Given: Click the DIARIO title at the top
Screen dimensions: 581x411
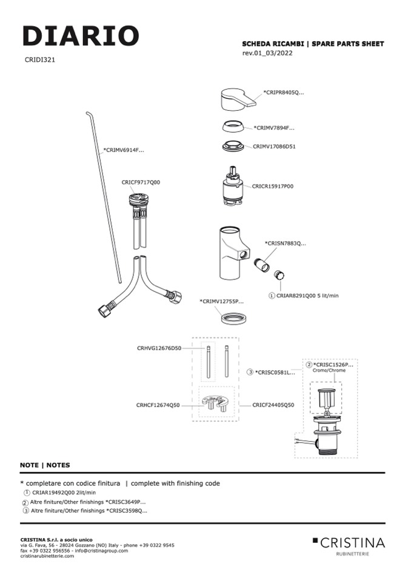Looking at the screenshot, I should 81,36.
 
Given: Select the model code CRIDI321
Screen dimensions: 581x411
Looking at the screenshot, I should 41,60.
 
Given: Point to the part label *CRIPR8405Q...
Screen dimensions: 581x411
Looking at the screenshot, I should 284,93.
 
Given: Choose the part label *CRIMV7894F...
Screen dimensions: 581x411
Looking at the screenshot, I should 274,128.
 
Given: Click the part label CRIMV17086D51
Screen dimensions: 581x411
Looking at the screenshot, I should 274,146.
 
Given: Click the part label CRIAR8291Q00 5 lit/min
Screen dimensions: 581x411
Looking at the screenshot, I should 307,295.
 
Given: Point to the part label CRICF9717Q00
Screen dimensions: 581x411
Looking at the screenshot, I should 141,182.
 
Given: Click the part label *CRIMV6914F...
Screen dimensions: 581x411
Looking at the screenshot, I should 124,150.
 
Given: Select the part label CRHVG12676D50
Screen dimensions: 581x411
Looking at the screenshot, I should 159,348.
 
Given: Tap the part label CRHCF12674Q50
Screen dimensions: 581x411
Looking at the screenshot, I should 158,405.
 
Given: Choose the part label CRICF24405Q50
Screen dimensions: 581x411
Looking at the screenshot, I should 273,405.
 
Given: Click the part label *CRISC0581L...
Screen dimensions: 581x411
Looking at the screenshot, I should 275,372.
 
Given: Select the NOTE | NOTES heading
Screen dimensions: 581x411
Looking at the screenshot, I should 45,465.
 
